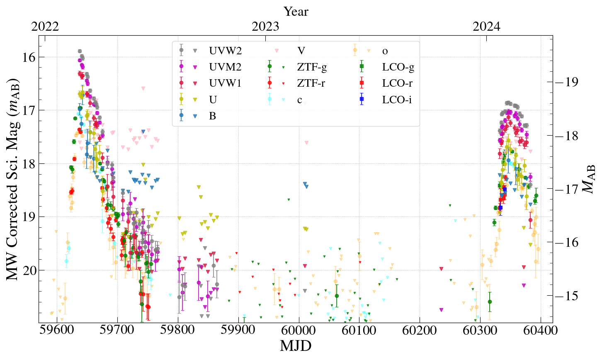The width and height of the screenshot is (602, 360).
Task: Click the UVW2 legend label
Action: click(225, 51)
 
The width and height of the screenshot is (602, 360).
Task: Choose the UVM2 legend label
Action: click(225, 67)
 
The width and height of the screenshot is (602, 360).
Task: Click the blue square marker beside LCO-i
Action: click(362, 100)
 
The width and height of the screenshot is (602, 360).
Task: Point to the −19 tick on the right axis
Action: click(569, 82)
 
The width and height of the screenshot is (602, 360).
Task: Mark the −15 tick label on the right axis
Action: click(569, 296)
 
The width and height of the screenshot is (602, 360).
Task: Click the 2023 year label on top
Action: click(265, 27)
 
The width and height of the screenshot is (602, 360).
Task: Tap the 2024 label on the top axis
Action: click(487, 27)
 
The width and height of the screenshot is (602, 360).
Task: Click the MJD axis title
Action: click(296, 345)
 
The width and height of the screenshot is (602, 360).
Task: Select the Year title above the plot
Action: click(296, 11)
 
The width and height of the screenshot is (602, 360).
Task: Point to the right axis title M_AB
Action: click(589, 179)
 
